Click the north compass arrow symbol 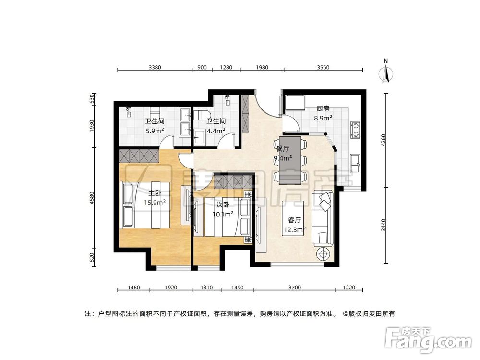[x=386, y=72]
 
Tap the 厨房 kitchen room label [x=322, y=109]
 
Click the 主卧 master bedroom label [x=155, y=193]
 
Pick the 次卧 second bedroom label [x=222, y=204]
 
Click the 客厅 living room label [x=294, y=220]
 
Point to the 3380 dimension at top [x=155, y=67]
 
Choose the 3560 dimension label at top [x=323, y=67]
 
